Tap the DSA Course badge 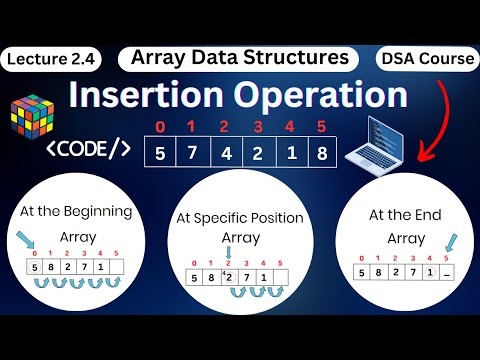[427, 59]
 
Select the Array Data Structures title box [240, 58]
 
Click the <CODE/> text [87, 150]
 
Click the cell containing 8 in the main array [321, 155]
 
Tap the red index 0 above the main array [159, 128]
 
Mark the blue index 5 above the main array [320, 128]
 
